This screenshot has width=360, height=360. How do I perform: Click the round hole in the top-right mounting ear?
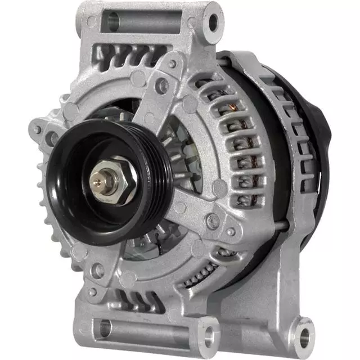213,22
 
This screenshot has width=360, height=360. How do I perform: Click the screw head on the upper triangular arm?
162,85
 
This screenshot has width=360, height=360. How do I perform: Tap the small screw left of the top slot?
92,22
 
